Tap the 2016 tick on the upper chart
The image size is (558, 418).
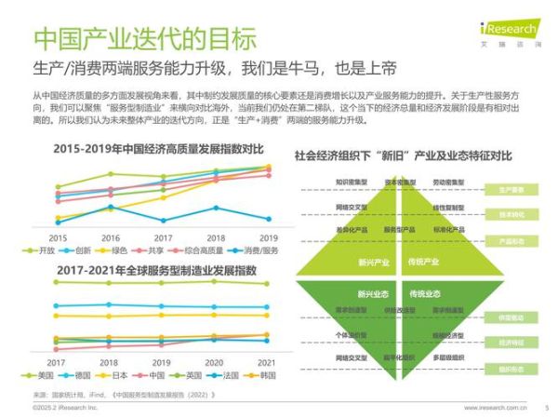(111, 237)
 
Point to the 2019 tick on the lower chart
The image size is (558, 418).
(163, 361)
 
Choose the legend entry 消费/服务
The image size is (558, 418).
(259, 250)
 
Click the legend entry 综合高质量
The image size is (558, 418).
(211, 250)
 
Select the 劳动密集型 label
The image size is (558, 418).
(448, 182)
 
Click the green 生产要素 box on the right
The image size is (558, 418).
(511, 189)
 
